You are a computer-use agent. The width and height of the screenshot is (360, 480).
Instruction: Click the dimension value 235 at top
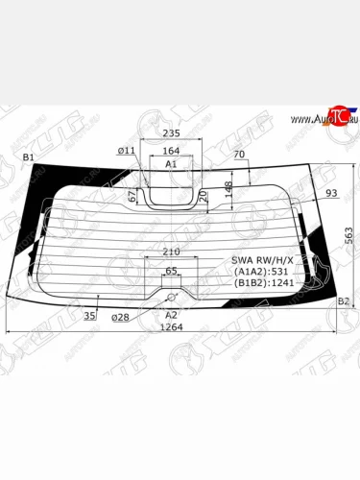click(x=172, y=133)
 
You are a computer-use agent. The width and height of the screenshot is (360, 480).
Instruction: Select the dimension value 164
click(x=171, y=151)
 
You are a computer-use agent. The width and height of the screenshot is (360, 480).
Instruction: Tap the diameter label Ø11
click(x=127, y=151)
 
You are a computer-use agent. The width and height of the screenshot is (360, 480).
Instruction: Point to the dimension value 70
click(x=239, y=154)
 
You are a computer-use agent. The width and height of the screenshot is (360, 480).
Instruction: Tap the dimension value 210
click(x=172, y=252)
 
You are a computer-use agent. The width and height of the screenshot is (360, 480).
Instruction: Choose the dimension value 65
click(x=172, y=272)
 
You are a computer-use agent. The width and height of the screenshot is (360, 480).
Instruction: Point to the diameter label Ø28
click(x=120, y=317)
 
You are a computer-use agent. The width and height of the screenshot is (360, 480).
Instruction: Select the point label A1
click(x=171, y=164)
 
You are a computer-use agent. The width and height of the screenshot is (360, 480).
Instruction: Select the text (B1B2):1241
click(x=262, y=285)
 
